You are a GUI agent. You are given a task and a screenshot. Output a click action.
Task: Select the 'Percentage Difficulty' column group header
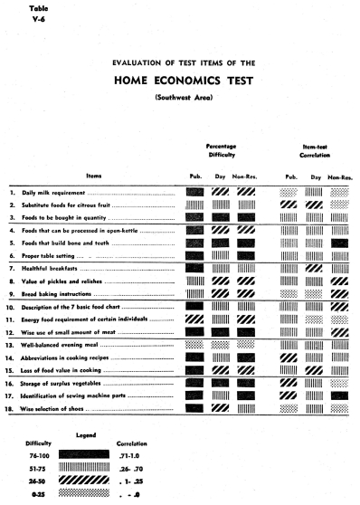click(221, 150)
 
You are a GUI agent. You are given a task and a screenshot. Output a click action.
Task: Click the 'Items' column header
click(93, 176)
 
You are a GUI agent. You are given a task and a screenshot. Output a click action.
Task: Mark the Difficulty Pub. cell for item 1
click(194, 193)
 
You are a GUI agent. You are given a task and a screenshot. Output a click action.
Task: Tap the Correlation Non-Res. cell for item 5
click(340, 243)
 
